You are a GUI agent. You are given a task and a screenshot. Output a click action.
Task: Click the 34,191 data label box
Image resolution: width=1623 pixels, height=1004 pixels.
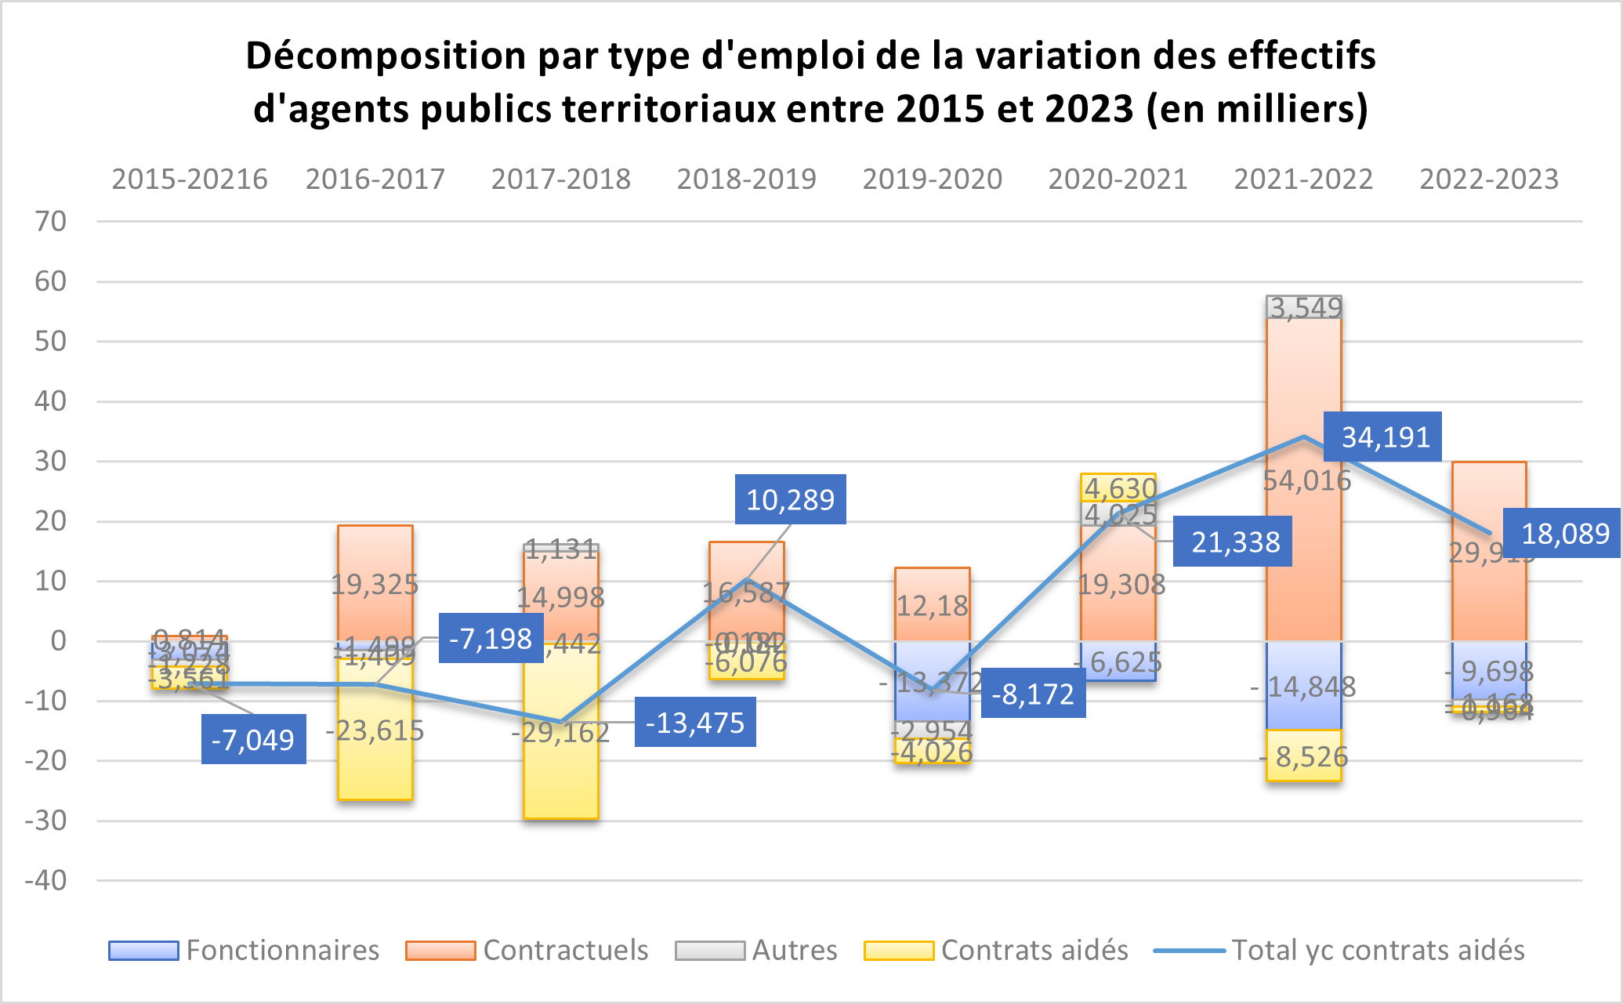point(1383,437)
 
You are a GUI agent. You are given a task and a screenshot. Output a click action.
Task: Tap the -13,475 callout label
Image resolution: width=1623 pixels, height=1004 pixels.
point(695,722)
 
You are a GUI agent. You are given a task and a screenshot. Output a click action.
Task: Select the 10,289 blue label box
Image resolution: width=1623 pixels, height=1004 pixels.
point(790,499)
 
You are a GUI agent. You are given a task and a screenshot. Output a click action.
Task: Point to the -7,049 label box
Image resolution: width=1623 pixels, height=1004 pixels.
point(253,739)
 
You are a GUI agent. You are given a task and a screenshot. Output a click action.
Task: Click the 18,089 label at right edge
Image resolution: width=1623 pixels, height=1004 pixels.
point(1563,534)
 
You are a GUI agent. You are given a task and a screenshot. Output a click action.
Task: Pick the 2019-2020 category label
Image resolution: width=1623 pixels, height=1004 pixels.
point(932,179)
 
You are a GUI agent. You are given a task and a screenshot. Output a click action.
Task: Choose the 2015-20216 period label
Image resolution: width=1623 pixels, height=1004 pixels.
point(190,179)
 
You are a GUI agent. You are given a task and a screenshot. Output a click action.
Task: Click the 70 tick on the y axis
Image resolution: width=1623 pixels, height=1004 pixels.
point(51,222)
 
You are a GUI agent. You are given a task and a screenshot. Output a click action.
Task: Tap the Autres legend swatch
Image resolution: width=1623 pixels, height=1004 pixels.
point(709,951)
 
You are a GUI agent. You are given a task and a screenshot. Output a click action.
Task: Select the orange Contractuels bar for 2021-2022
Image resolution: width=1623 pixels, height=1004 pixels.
point(1303,549)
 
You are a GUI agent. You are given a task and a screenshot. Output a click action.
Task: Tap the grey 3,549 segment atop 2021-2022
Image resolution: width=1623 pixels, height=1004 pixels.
point(1303,307)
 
